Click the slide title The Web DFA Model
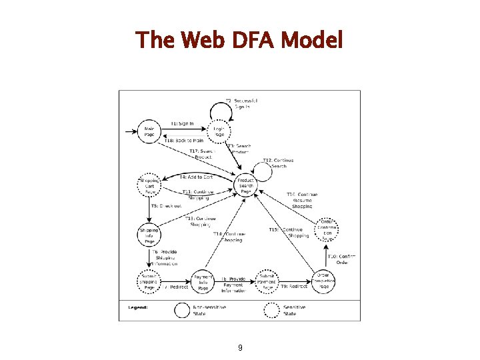click(x=239, y=41)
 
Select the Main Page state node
click(x=149, y=131)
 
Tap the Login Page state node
click(x=218, y=131)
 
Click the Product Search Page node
click(x=246, y=186)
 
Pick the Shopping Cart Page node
click(x=149, y=186)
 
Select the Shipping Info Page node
click(x=149, y=235)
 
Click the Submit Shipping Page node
click(x=149, y=282)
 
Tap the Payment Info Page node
click(x=203, y=282)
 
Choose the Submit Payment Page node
click(x=267, y=282)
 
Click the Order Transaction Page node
click(x=324, y=282)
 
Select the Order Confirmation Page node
click(x=327, y=228)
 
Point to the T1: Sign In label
click(x=182, y=123)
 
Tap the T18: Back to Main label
click(x=184, y=141)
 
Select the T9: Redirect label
click(x=294, y=286)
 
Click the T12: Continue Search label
click(x=278, y=163)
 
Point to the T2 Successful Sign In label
click(x=241, y=103)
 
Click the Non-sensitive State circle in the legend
click(x=182, y=310)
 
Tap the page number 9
click(x=240, y=348)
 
